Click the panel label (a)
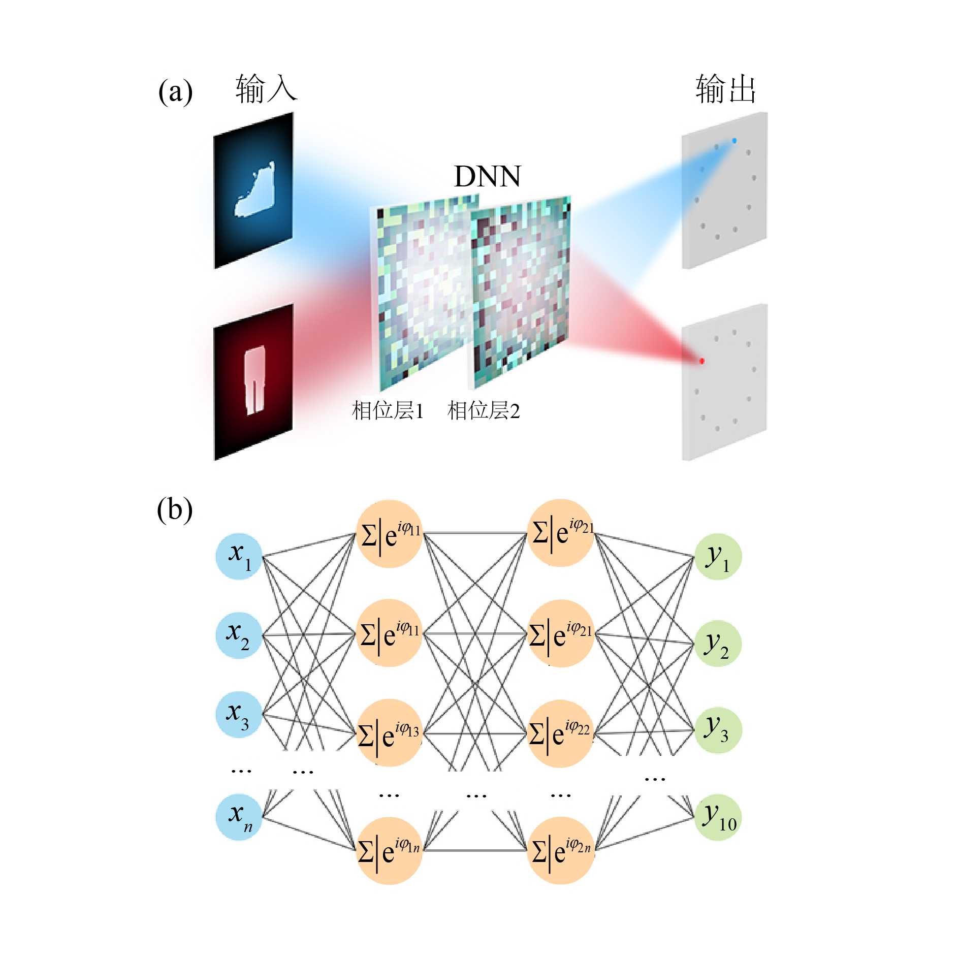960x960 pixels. point(175,92)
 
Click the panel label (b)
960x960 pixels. point(175,509)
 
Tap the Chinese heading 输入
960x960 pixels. point(266,89)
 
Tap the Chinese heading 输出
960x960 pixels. point(725,89)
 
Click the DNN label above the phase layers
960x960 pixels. point(487,176)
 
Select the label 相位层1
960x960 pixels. point(388,410)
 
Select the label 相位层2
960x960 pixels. point(484,410)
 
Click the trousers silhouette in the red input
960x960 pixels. point(254,379)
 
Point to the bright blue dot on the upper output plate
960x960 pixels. point(734,141)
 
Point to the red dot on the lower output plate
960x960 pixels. point(701,361)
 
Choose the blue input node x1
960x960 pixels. point(239,556)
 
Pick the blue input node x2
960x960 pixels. point(239,635)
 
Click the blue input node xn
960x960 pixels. point(239,817)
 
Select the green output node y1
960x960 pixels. point(718,557)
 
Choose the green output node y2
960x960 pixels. point(718,644)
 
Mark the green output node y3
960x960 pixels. point(718,730)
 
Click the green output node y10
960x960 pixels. point(718,817)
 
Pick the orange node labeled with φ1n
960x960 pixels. point(390,850)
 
